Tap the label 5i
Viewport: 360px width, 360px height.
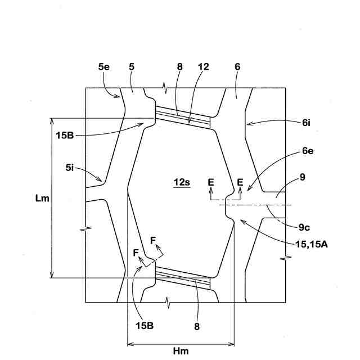click(x=70, y=166)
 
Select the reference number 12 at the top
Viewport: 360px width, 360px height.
click(x=203, y=66)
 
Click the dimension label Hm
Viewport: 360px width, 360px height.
click(x=181, y=351)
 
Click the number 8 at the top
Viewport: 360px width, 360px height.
click(x=179, y=66)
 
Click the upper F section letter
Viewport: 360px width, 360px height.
click(x=153, y=240)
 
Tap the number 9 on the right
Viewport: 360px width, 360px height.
click(x=303, y=177)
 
